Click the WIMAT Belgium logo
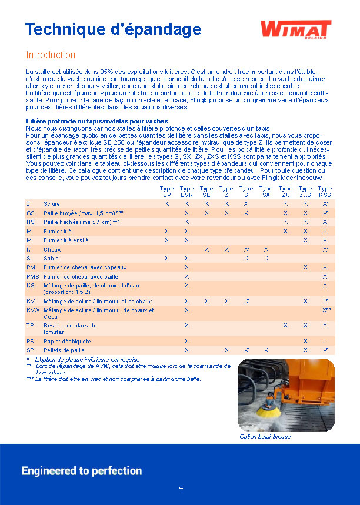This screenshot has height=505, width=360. click(x=295, y=29)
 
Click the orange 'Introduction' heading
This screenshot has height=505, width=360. click(x=51, y=55)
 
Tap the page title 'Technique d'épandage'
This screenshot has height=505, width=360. click(x=113, y=29)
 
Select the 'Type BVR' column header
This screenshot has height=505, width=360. click(x=186, y=192)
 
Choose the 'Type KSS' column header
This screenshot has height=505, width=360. click(x=325, y=192)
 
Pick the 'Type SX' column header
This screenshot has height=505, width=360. click(x=266, y=192)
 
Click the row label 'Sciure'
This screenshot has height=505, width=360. click(x=52, y=203)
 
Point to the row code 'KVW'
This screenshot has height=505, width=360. click(x=33, y=310)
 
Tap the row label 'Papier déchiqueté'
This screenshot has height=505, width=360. click(x=67, y=341)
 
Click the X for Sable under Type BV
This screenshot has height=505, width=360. click(x=166, y=258)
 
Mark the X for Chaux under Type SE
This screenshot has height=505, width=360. click(x=206, y=249)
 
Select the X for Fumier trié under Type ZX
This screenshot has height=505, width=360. click(x=285, y=231)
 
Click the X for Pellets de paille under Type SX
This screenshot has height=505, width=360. click(x=266, y=350)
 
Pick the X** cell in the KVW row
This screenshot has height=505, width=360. click(x=326, y=310)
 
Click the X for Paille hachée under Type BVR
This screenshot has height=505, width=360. click(x=186, y=222)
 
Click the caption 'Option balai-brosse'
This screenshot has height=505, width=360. click(x=265, y=437)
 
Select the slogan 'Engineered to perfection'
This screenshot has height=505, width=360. click(x=82, y=471)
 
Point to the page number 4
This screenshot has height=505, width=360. click(x=181, y=488)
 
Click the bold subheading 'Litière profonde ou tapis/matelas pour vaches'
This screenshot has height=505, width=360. click(x=97, y=121)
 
